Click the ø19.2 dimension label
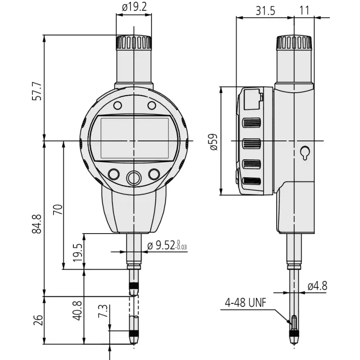(134, 7)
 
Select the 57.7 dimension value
(37, 91)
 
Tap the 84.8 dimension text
(37, 224)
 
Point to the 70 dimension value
(58, 209)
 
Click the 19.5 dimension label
(77, 252)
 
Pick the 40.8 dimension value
(77, 310)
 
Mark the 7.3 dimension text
(103, 311)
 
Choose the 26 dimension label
(38, 320)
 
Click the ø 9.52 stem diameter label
(167, 245)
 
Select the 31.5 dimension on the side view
(265, 10)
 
